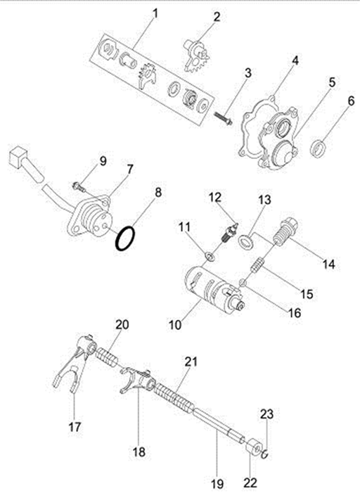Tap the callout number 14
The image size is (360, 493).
pyautogui.click(x=328, y=264)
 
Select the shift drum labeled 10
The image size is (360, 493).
pyautogui.click(x=214, y=288)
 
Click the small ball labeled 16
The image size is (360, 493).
pyautogui.click(x=242, y=283)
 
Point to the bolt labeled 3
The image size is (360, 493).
pyautogui.click(x=223, y=118)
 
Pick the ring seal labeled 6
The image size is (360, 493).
pyautogui.click(x=318, y=149)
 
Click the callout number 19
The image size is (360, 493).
pyautogui.click(x=217, y=484)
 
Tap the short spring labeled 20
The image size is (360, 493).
pyautogui.click(x=107, y=357)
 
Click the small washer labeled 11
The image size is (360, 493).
pyautogui.click(x=210, y=257)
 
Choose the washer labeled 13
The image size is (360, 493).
pyautogui.click(x=246, y=241)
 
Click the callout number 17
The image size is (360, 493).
pyautogui.click(x=75, y=428)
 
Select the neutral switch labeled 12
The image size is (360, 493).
pyautogui.click(x=229, y=234)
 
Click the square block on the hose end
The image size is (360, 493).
pyautogui.click(x=18, y=156)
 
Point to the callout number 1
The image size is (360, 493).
pyautogui.click(x=155, y=14)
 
